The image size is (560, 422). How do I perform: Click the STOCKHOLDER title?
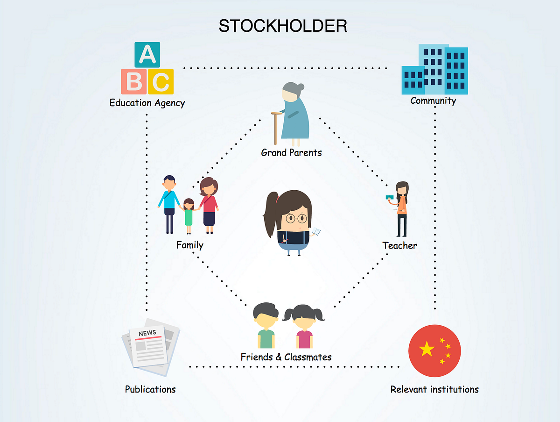(x=283, y=26)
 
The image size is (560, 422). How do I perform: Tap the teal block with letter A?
(x=147, y=55)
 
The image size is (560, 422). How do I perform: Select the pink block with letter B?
(x=133, y=81)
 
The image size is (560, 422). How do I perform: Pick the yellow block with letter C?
(x=161, y=81)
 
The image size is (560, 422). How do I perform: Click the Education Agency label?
(x=147, y=103)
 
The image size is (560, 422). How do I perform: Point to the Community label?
(x=433, y=100)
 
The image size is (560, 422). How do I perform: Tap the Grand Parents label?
(x=291, y=152)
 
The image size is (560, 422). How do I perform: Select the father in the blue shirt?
(x=169, y=204)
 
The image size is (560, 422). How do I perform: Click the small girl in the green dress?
(x=189, y=216)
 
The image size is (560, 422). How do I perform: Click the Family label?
(x=190, y=245)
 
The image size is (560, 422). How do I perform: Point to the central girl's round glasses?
(x=296, y=218)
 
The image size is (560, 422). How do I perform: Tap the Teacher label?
(x=400, y=245)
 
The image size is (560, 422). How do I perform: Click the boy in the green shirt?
(x=266, y=325)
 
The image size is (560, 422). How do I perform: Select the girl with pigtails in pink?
(x=304, y=326)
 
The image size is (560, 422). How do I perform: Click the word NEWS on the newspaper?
(x=147, y=333)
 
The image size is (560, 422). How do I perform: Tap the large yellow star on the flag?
(x=427, y=349)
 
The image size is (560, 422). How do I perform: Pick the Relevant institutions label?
(x=434, y=389)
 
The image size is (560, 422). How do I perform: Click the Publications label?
(x=150, y=389)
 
